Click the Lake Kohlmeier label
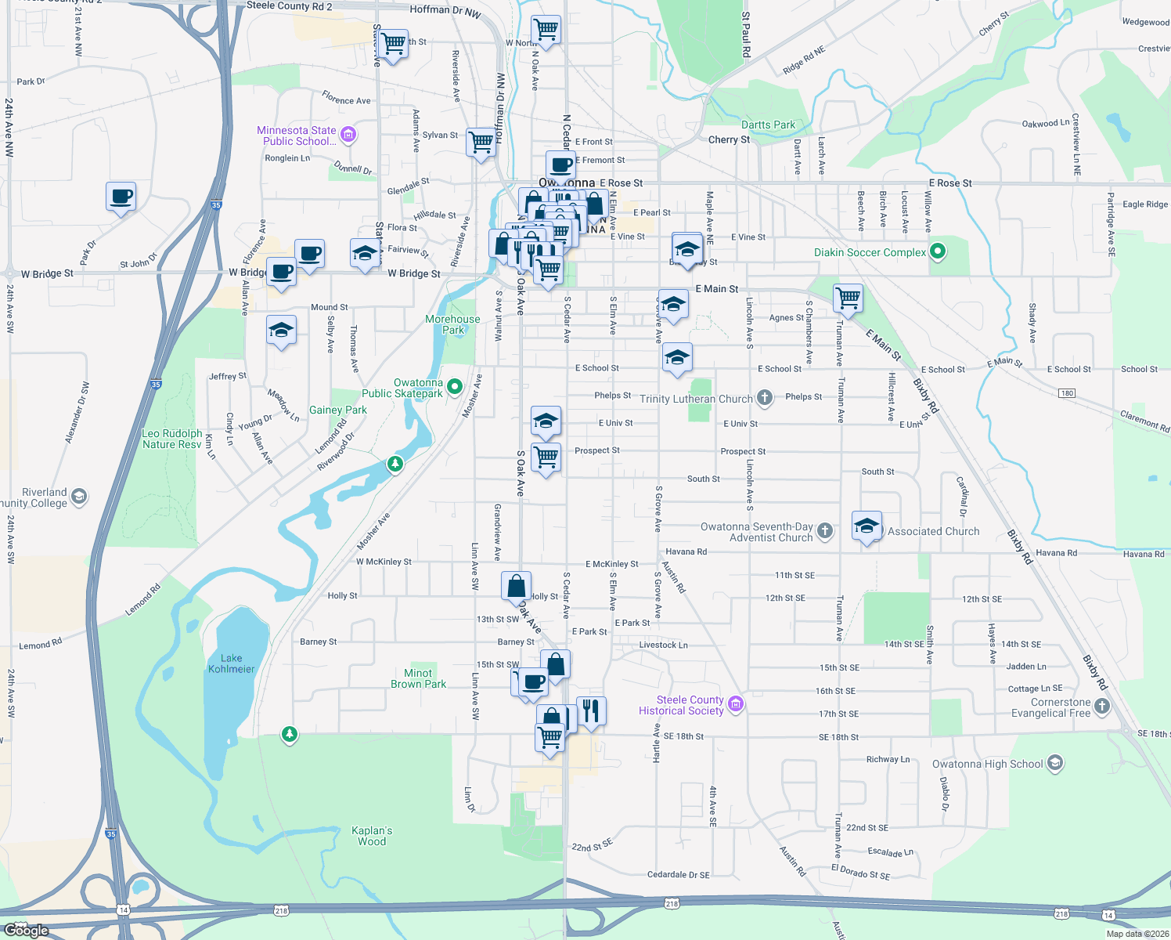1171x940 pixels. click(232, 663)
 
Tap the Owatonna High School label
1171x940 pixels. click(987, 764)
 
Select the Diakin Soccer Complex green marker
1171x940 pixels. click(938, 252)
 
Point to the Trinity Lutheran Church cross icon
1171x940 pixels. click(764, 398)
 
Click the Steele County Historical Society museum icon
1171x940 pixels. click(735, 704)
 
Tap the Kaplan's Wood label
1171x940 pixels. click(372, 836)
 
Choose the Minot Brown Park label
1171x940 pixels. click(418, 678)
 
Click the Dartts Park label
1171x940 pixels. click(768, 125)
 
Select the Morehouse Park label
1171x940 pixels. click(452, 324)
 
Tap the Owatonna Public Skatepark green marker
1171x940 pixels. click(455, 386)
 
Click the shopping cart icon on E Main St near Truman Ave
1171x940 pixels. click(848, 298)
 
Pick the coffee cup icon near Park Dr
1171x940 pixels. click(121, 196)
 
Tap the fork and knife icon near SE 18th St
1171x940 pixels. click(591, 710)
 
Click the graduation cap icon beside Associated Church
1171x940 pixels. click(867, 526)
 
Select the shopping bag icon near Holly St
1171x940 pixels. click(516, 586)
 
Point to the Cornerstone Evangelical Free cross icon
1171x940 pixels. click(1102, 707)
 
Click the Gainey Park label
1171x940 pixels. click(337, 410)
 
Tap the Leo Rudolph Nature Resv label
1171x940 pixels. click(172, 439)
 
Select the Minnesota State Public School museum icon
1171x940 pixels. click(349, 135)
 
